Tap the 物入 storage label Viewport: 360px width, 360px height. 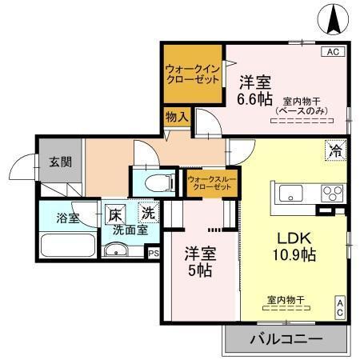[x=177, y=117]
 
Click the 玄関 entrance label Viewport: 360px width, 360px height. [x=59, y=161]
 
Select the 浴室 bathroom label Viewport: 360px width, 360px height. [x=66, y=218]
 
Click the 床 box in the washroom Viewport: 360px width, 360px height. [x=116, y=214]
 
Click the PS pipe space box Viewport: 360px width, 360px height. [x=153, y=251]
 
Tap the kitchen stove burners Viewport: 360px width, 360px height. [x=331, y=193]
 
